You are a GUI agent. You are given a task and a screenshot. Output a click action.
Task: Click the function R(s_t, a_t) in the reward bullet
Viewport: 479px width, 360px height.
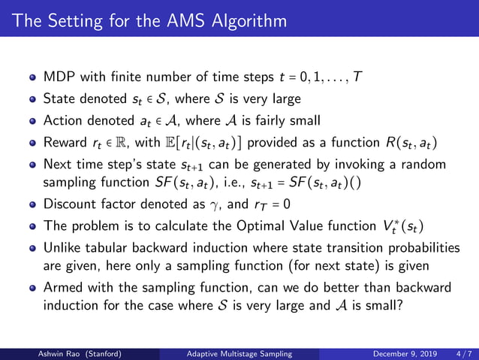click(x=414, y=143)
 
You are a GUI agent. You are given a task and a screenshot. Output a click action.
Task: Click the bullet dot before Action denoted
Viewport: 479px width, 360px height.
click(x=32, y=121)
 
